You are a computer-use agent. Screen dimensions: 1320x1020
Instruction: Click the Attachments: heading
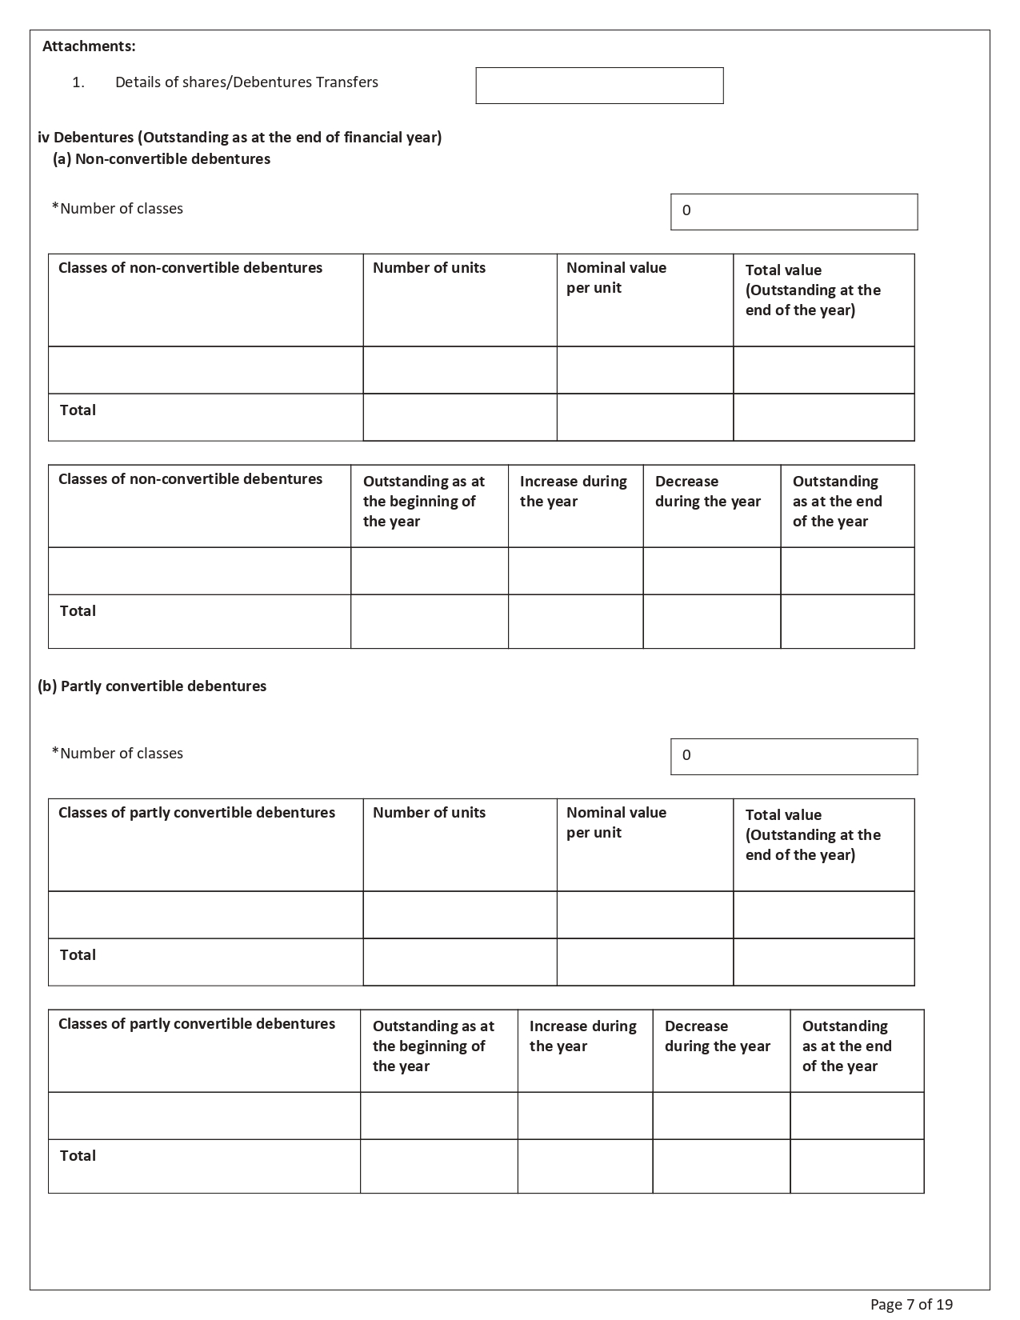coord(89,46)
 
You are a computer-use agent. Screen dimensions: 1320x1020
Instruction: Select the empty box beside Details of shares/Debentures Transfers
coord(599,86)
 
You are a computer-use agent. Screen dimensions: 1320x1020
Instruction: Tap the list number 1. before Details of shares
coord(78,82)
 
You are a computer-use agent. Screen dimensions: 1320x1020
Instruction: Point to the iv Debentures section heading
coord(240,138)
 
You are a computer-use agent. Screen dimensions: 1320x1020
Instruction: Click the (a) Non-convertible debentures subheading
coord(162,159)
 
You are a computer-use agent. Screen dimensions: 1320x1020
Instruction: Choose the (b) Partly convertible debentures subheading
coord(152,686)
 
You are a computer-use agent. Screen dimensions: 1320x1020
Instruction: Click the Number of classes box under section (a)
coord(794,212)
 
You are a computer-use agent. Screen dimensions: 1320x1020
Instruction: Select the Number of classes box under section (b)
coord(794,757)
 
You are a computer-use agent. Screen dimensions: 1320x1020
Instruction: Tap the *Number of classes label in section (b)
coord(118,754)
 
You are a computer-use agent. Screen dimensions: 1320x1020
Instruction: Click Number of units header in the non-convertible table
coord(429,268)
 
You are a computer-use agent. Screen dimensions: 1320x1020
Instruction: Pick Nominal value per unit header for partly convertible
coord(616,822)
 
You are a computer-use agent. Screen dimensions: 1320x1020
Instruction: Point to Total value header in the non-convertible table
coord(813,290)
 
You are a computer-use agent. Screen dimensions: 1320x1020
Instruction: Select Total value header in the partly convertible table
coord(813,835)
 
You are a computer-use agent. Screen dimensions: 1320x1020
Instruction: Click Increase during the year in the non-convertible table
coord(573,491)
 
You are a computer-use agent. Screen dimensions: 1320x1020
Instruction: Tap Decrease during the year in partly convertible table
coord(717,1036)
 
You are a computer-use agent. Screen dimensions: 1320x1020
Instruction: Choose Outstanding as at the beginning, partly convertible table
coord(433,1046)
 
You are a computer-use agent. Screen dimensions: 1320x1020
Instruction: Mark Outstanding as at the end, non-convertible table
coord(837,502)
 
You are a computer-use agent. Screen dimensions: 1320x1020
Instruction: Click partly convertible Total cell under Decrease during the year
coord(721,1166)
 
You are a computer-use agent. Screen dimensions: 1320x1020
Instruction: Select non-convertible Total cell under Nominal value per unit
coord(645,417)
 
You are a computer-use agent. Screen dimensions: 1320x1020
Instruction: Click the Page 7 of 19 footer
coord(911,1305)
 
